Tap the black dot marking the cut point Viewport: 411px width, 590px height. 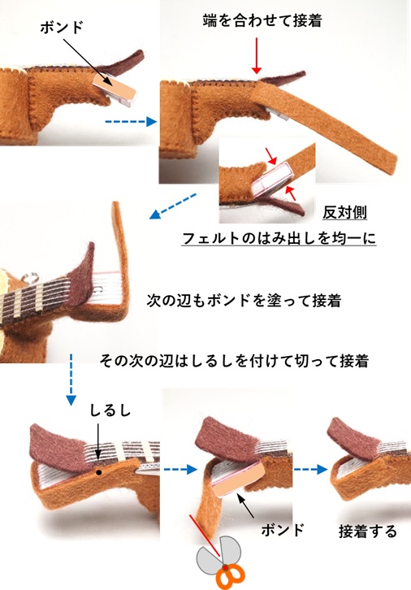click(98, 472)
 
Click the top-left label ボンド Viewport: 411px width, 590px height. click(61, 28)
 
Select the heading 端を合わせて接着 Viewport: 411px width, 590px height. click(262, 20)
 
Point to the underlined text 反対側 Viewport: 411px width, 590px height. click(344, 213)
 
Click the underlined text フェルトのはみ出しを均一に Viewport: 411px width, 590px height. click(279, 238)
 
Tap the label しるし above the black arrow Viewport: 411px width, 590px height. click(110, 410)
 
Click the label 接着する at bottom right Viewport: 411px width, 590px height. click(368, 531)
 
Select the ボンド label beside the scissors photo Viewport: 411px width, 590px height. click(283, 530)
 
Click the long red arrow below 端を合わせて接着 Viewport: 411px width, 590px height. click(257, 55)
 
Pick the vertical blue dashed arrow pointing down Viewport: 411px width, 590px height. click(71, 380)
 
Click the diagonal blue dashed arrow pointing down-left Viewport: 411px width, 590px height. click(172, 206)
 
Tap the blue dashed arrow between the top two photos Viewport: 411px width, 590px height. click(131, 122)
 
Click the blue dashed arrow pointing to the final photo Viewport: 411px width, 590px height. click(310, 469)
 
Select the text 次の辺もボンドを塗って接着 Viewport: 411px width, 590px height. click(244, 301)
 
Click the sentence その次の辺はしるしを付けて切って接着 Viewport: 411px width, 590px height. click(234, 361)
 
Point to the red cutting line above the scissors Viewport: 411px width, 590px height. click(205, 536)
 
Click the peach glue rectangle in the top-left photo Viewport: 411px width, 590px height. click(114, 87)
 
